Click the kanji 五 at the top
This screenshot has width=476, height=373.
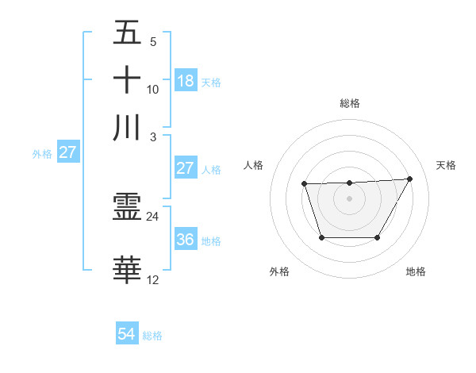128,33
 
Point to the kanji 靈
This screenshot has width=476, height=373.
128,209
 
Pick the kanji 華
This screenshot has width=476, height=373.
128,271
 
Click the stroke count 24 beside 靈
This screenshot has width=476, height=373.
153,216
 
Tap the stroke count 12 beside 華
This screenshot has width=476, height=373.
153,280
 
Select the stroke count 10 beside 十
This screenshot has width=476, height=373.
153,90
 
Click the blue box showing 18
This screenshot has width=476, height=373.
186,80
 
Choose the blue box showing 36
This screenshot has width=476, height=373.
186,240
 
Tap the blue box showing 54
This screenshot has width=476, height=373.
127,335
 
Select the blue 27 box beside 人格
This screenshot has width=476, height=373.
185,168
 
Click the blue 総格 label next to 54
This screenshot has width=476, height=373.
152,336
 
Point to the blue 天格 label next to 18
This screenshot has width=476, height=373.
211,82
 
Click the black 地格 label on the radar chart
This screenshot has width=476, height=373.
416,272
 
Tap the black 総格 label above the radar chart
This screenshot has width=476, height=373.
350,103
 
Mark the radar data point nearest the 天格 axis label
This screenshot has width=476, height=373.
409,179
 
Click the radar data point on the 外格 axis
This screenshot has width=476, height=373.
321,237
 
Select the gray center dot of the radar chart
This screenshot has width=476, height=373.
349,198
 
